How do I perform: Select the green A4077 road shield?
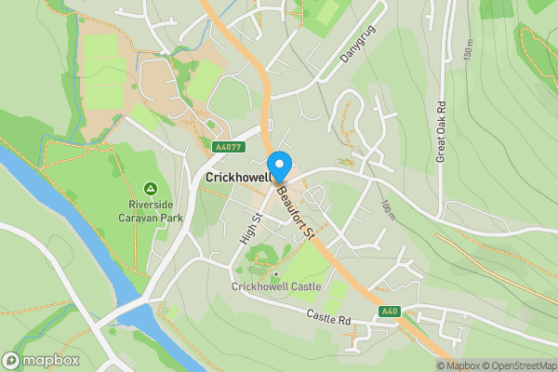click(228, 146)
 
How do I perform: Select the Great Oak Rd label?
click(442, 131)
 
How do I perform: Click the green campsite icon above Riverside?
click(151, 187)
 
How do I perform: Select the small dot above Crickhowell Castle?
click(275, 273)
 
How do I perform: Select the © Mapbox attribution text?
click(462, 365)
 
